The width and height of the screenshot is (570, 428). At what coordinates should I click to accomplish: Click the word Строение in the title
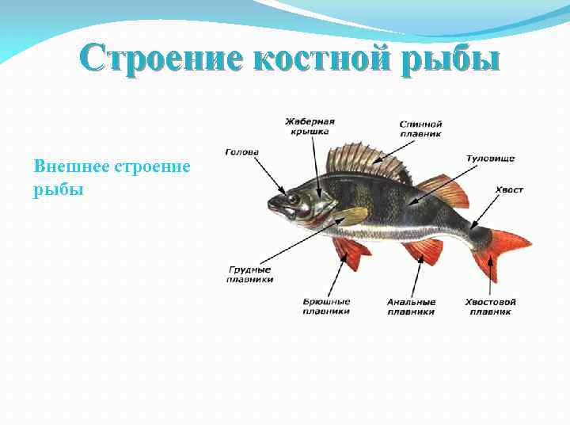click(x=139, y=59)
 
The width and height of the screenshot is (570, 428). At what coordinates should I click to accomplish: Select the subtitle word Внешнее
click(x=73, y=167)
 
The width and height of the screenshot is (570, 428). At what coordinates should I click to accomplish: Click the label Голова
click(x=241, y=152)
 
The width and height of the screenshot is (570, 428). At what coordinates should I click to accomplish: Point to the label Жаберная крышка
click(x=310, y=127)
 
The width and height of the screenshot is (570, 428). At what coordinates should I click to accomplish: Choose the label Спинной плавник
click(x=420, y=129)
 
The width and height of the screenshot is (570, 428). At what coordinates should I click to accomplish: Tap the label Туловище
click(x=491, y=159)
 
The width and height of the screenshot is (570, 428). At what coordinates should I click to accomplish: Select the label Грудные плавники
click(x=250, y=274)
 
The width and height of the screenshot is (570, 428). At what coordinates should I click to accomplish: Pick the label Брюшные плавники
click(x=326, y=307)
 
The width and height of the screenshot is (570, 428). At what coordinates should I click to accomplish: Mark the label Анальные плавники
click(x=411, y=307)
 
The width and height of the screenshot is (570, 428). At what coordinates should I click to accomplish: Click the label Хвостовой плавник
click(x=491, y=307)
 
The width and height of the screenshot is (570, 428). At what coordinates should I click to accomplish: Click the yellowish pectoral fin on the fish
click(x=352, y=216)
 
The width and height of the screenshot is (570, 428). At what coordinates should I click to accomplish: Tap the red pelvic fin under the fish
click(x=351, y=252)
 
